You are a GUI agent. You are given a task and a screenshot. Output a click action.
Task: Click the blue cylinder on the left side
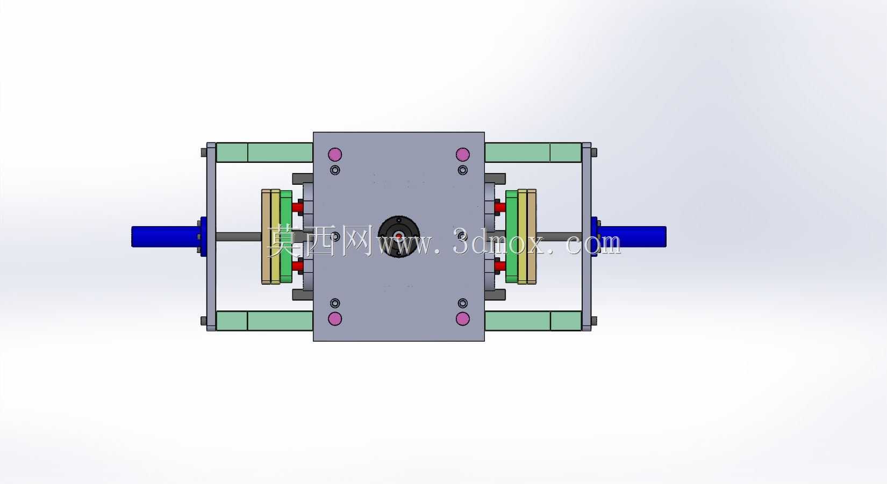pos(166,237)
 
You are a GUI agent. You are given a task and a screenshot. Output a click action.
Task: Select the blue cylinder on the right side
pos(632,237)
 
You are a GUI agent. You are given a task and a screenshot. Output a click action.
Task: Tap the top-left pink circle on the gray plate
pos(335,154)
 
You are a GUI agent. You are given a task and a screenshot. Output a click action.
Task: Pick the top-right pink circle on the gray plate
pos(462,154)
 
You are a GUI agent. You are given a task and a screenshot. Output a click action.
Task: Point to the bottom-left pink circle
pos(335,319)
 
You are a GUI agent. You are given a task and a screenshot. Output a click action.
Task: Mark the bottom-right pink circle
pos(462,319)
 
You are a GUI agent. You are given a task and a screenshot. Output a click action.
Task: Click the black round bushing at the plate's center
pos(399,237)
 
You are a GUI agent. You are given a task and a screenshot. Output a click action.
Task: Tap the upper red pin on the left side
pos(298,207)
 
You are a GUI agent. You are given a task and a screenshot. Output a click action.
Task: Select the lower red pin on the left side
pos(298,266)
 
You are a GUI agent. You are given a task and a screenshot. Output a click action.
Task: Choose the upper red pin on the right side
pos(500,207)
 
